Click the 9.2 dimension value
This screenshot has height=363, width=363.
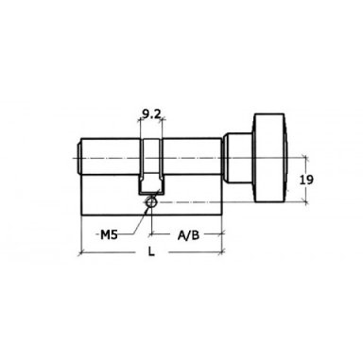coord(151,114)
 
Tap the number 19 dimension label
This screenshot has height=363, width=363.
coord(306,180)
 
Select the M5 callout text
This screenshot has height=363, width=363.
coord(109,234)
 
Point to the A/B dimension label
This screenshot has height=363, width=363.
coord(188,235)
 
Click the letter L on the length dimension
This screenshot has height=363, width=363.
coord(152,251)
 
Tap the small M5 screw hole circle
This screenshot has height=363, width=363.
coord(151,201)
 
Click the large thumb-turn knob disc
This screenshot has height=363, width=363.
coord(269,158)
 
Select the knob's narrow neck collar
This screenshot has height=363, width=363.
coord(238,158)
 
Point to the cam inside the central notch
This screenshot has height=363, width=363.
coord(152,182)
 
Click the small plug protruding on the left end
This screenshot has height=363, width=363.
coord(79,158)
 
